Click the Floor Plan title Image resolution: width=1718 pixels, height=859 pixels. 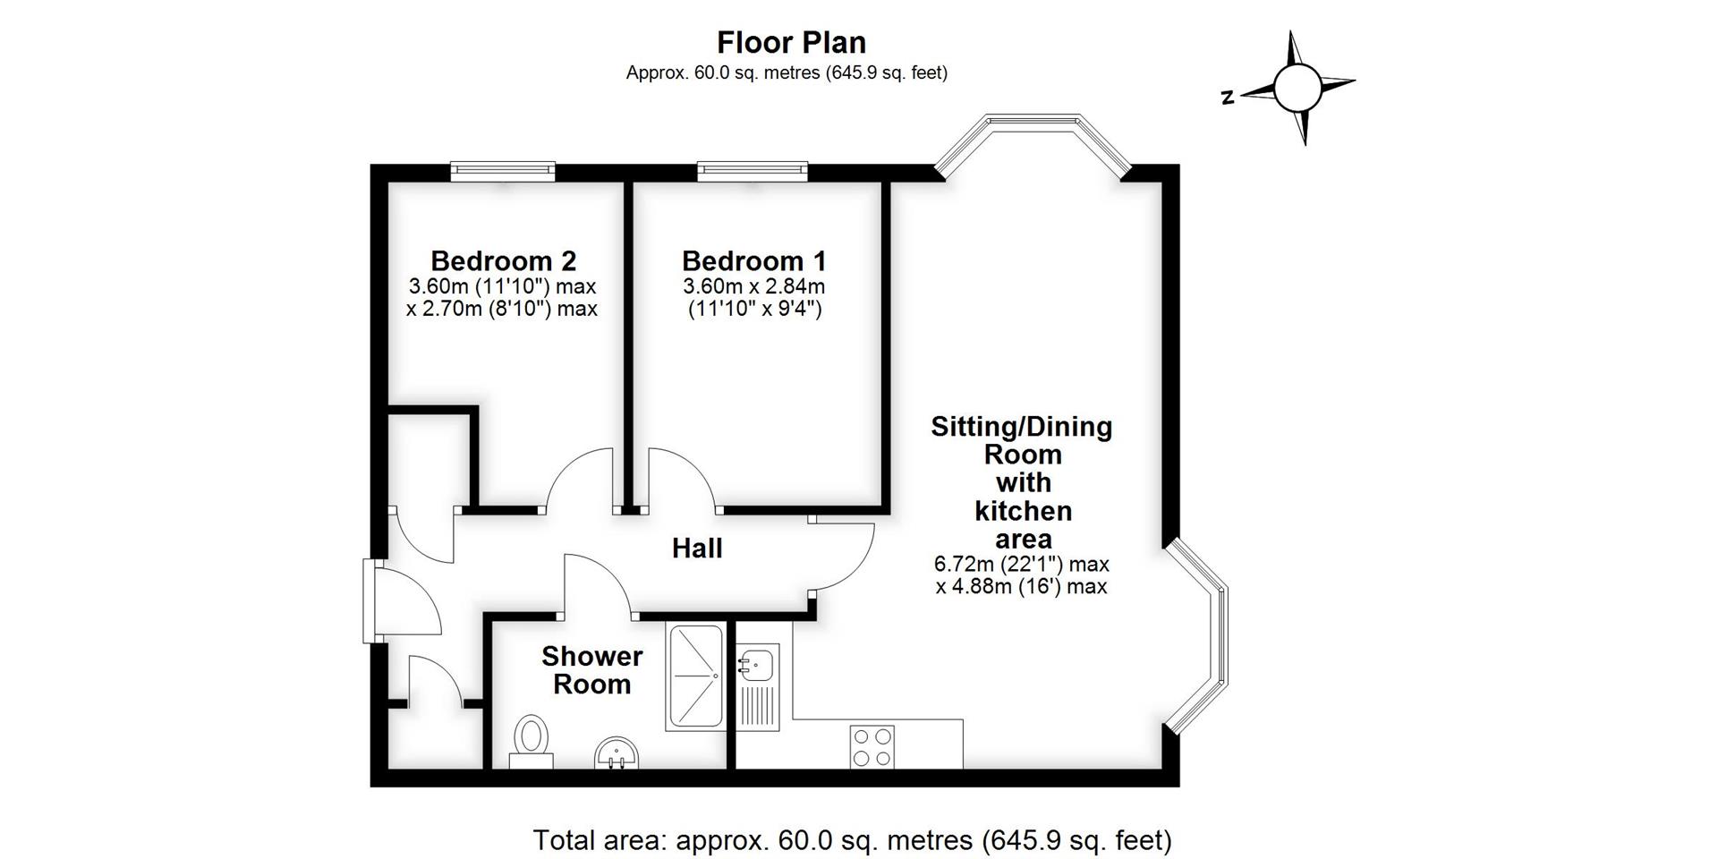pyautogui.click(x=791, y=43)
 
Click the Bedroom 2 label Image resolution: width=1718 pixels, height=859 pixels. pyautogui.click(x=503, y=261)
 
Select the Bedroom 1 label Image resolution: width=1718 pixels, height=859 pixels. pyautogui.click(x=753, y=261)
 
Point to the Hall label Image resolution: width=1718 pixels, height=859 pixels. pyautogui.click(x=697, y=549)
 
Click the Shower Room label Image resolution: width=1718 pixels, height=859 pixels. pyautogui.click(x=591, y=670)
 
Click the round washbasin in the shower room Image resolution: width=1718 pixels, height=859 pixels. pyautogui.click(x=617, y=753)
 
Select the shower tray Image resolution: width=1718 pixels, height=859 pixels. pyautogui.click(x=695, y=677)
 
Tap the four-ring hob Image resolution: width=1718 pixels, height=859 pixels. pyautogui.click(x=872, y=747)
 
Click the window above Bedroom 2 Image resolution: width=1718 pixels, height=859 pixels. pyautogui.click(x=503, y=170)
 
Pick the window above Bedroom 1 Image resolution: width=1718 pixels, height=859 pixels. pyautogui.click(x=753, y=170)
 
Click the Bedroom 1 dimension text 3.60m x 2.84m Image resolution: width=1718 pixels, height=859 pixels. pyautogui.click(x=753, y=287)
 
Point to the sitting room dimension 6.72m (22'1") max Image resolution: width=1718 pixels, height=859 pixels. pyautogui.click(x=1021, y=565)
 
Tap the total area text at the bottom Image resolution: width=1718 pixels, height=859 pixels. pyautogui.click(x=852, y=840)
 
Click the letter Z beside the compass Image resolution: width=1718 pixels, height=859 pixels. pyautogui.click(x=1228, y=98)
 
